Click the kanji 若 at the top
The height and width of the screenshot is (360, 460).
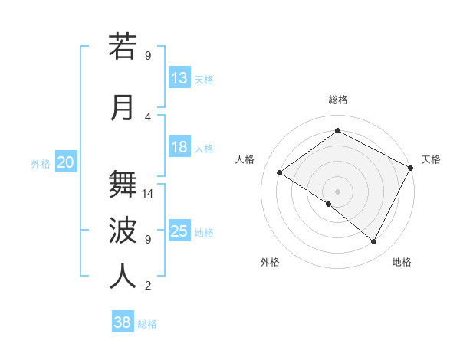point(123,47)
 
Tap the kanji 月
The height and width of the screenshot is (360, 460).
point(123,107)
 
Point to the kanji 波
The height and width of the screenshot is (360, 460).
point(123,230)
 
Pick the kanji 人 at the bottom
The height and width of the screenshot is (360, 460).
point(123,276)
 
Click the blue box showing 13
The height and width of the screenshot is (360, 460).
point(179,78)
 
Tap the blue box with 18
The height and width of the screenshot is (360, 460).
point(179,147)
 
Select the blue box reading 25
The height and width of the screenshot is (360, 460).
point(179,231)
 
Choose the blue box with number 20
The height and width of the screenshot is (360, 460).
point(66,162)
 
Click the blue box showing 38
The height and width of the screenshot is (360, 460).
point(123,322)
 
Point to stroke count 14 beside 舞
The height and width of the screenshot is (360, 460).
point(149,194)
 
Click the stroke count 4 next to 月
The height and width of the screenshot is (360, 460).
point(148,116)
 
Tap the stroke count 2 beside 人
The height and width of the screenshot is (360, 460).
point(148,286)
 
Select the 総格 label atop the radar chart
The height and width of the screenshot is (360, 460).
point(337,100)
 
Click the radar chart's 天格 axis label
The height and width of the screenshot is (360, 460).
point(431,159)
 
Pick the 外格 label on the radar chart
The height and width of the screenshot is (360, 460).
point(270,262)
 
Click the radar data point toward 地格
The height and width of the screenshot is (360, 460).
point(374,242)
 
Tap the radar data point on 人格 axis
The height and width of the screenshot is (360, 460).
point(280,172)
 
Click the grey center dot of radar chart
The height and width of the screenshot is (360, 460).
point(337,191)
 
